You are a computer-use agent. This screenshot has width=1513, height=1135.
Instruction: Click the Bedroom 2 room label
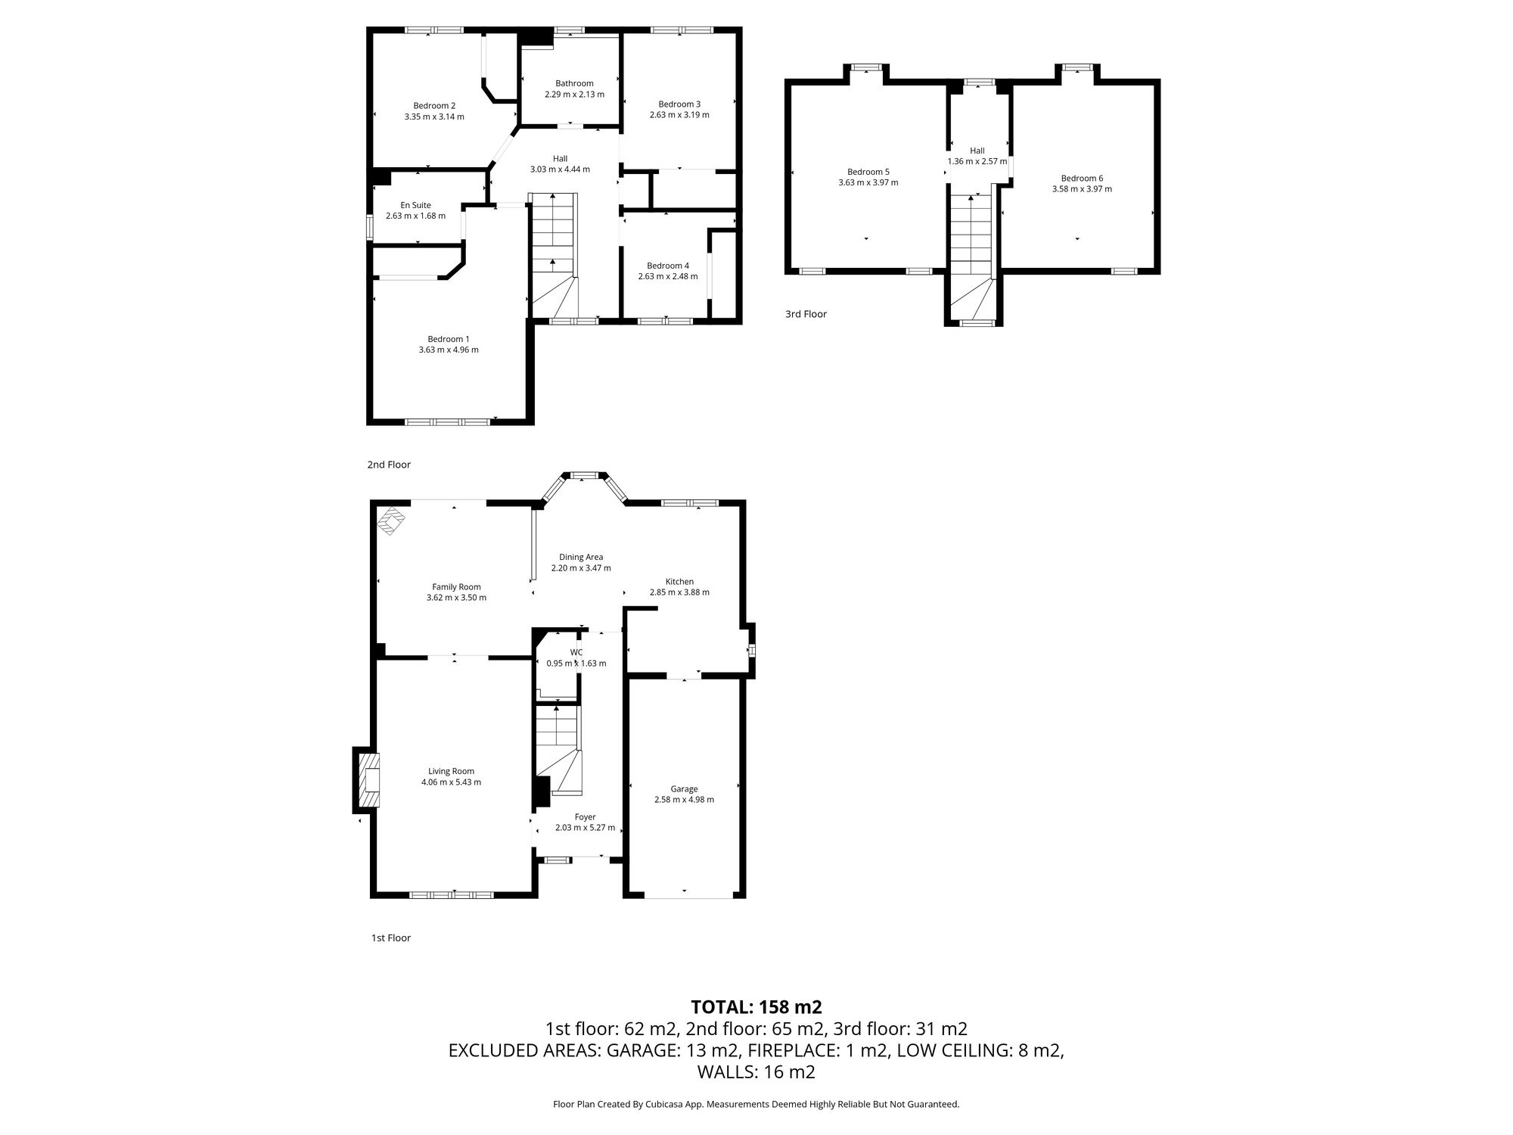[434, 106]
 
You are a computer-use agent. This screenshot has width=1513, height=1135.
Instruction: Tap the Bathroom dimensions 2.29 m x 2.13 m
[574, 95]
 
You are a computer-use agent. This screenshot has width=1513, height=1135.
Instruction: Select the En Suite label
[415, 205]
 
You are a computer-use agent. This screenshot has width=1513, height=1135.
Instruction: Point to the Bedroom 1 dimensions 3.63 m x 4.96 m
[449, 350]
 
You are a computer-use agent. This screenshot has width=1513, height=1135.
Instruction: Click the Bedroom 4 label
[668, 266]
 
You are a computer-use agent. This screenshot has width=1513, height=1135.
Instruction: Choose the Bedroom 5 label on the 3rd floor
[868, 172]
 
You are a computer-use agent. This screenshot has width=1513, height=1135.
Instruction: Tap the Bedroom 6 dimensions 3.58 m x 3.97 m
[1082, 189]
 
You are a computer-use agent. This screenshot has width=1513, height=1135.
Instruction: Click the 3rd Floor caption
[806, 314]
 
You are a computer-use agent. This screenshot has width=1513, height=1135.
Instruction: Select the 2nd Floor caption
[389, 465]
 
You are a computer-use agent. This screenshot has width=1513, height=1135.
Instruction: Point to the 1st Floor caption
[390, 938]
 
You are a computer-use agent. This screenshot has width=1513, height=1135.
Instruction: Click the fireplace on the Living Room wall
[368, 779]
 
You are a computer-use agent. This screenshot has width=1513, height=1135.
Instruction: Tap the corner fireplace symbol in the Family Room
[392, 520]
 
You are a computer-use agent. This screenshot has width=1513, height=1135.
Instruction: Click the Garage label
[684, 788]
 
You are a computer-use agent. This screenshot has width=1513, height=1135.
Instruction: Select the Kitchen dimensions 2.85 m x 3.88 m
[679, 592]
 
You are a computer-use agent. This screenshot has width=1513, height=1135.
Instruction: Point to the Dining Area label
[581, 557]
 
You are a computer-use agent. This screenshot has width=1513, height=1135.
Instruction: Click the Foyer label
[585, 817]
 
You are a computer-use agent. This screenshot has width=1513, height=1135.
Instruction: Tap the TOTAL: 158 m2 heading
[756, 1007]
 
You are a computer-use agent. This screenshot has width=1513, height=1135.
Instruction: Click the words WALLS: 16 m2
[756, 1072]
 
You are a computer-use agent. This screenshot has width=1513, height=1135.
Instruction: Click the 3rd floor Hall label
[977, 151]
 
